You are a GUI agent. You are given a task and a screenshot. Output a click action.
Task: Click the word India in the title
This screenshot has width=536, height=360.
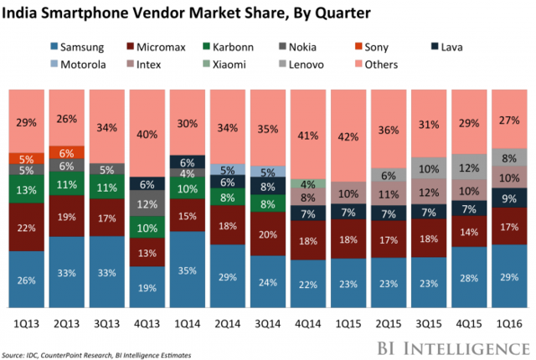tap(26, 14)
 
